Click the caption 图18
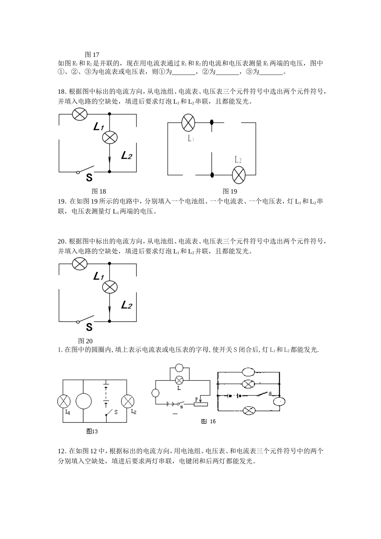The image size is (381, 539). tap(99, 191)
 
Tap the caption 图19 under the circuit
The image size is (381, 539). tap(230, 191)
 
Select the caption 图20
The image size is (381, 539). tap(85, 341)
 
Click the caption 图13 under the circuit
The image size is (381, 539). tap(92, 432)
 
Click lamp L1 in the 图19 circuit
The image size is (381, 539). tap(188, 122)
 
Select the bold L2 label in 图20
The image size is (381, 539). tap(126, 305)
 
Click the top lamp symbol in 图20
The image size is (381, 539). tap(79, 264)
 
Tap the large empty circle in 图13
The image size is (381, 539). tap(83, 401)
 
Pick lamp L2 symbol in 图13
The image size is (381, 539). tap(128, 401)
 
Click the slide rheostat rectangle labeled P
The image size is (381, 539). tap(201, 404)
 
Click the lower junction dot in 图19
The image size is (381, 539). tap(212, 175)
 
